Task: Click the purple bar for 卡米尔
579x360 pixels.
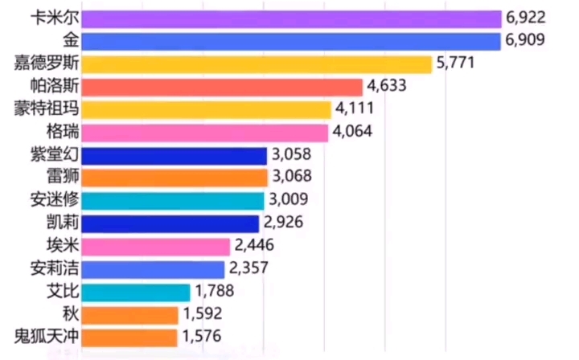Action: (291, 18)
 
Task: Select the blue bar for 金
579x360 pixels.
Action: (291, 41)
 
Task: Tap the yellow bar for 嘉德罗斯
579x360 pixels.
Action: (257, 64)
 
